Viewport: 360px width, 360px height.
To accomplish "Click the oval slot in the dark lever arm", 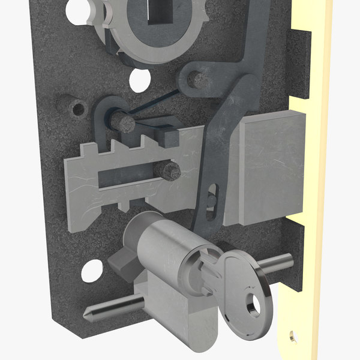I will pyautogui.click(x=211, y=196).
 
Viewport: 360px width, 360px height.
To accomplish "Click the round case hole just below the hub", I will pyautogui.click(x=139, y=77).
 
